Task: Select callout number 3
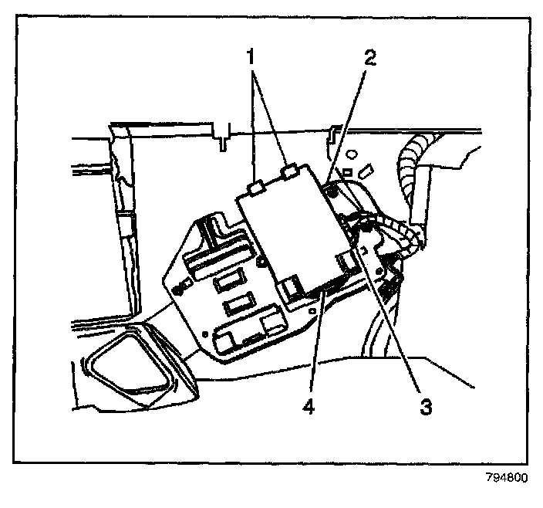pyautogui.click(x=424, y=404)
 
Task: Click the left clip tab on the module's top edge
pyautogui.click(x=256, y=188)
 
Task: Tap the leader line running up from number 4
pyautogui.click(x=317, y=340)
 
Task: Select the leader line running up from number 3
pyautogui.click(x=393, y=317)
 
